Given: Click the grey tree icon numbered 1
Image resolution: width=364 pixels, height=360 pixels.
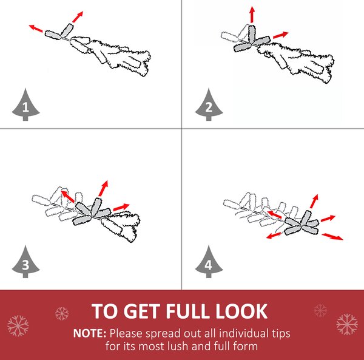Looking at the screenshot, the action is pyautogui.click(x=25, y=106).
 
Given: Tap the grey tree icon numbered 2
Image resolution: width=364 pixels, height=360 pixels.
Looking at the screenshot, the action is pyautogui.click(x=209, y=106).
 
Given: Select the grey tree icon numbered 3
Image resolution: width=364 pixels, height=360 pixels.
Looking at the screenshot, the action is pyautogui.click(x=25, y=262).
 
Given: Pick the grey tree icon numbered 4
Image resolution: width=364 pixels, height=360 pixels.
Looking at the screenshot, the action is pyautogui.click(x=209, y=262).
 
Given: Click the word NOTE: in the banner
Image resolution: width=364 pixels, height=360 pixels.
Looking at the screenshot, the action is pyautogui.click(x=90, y=333).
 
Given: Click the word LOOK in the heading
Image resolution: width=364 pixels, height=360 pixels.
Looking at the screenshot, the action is pyautogui.click(x=241, y=311).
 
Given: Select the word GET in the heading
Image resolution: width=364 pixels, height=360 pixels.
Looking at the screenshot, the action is pyautogui.click(x=143, y=311).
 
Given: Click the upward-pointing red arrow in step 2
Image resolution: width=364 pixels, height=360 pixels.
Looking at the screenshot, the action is pyautogui.click(x=252, y=15).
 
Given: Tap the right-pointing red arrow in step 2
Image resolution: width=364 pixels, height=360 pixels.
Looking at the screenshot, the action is pyautogui.click(x=281, y=35).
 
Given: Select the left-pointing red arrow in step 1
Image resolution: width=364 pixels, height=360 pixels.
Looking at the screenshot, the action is pyautogui.click(x=36, y=29).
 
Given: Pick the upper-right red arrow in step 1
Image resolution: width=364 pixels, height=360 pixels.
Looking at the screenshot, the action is pyautogui.click(x=78, y=17).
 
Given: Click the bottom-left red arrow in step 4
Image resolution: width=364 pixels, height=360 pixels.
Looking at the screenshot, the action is pyautogui.click(x=274, y=236).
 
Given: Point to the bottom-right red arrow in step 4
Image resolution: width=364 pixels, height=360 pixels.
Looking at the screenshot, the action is pyautogui.click(x=332, y=237).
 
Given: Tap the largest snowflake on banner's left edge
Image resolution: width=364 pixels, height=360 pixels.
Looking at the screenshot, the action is pyautogui.click(x=18, y=326).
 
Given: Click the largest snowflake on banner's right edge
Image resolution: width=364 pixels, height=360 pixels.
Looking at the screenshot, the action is pyautogui.click(x=347, y=324).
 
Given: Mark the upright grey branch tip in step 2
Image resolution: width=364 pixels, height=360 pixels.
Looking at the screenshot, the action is pyautogui.click(x=252, y=35).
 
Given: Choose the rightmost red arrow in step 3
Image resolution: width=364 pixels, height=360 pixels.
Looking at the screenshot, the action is pyautogui.click(x=121, y=207).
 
